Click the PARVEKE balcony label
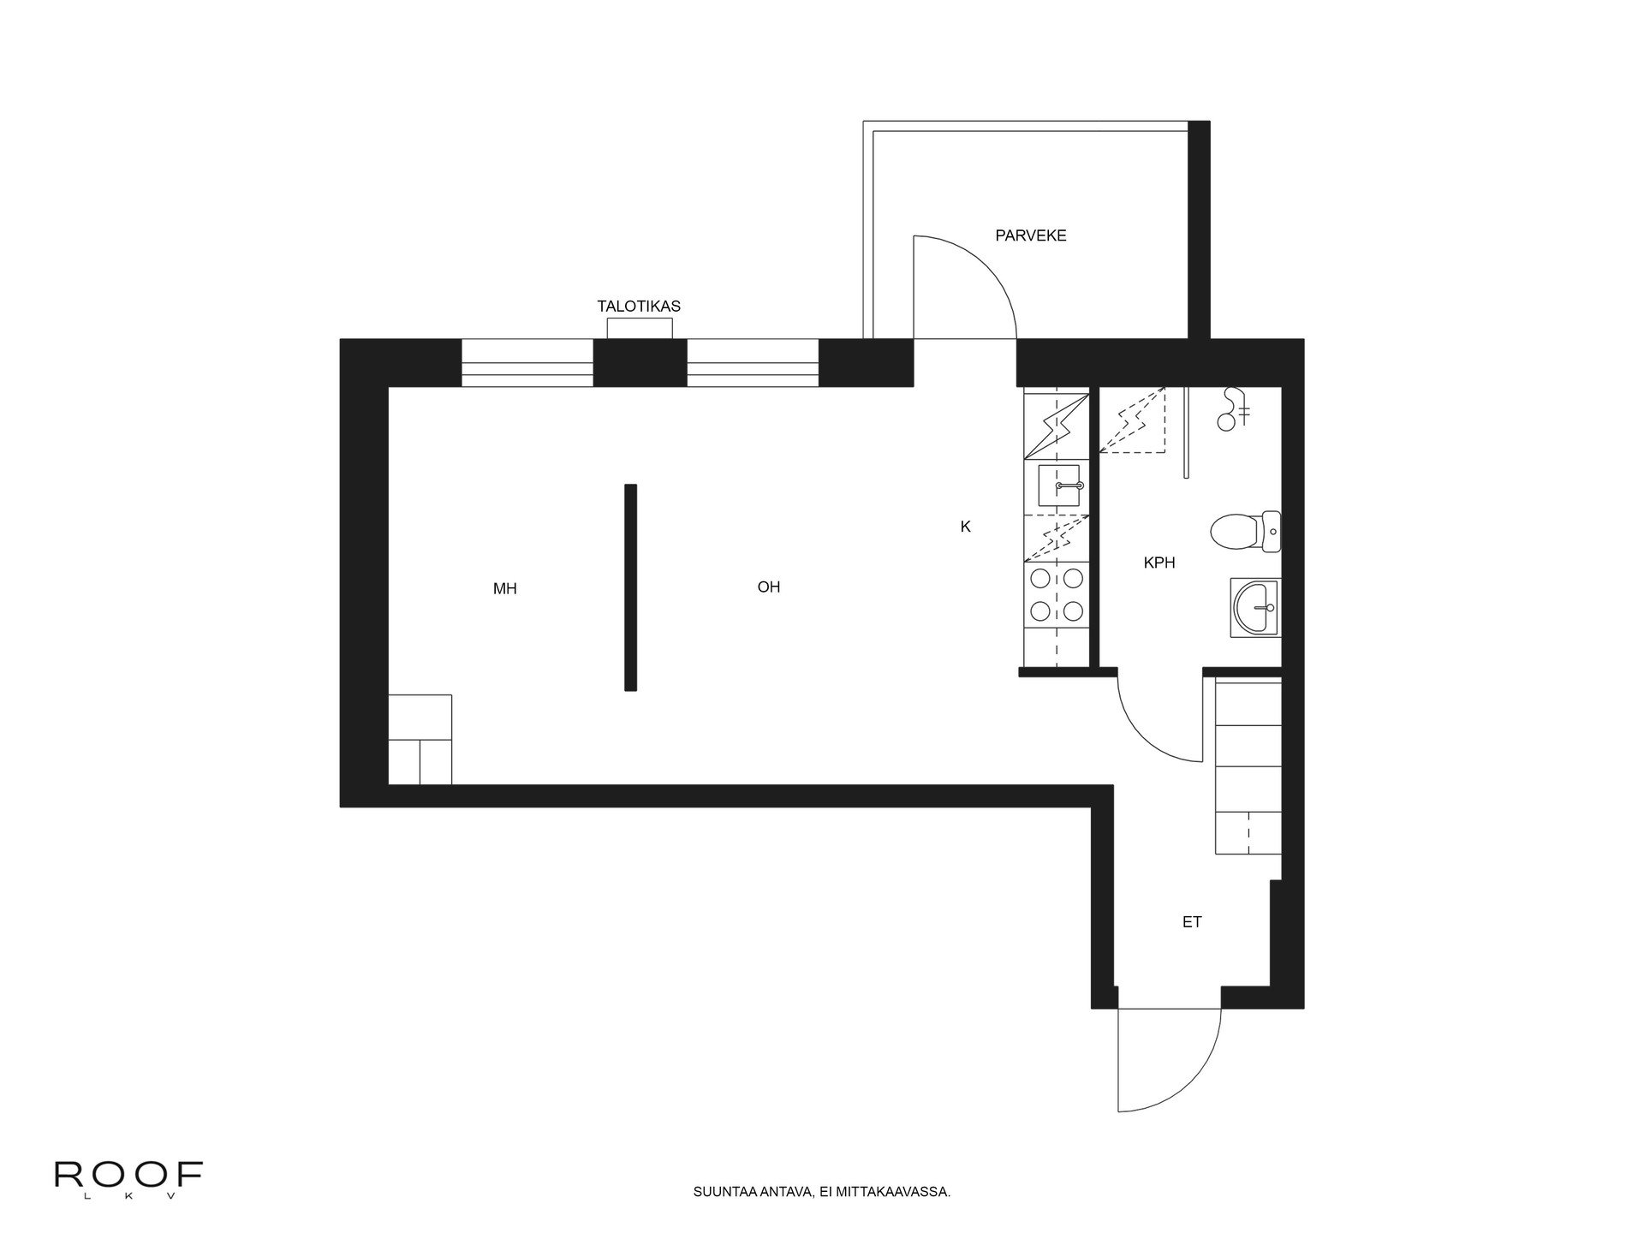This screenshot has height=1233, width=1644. (x=1031, y=235)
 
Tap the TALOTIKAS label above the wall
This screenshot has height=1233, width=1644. (x=639, y=306)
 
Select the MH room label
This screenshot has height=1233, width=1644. (x=505, y=589)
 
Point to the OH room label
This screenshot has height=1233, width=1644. (x=769, y=587)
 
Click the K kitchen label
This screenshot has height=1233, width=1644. (x=965, y=527)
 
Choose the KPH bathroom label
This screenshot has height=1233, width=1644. (x=1159, y=563)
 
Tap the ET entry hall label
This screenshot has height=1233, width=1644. (x=1192, y=922)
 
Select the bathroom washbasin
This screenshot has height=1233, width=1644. (x=1256, y=608)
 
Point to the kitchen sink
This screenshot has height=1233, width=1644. (x=1061, y=486)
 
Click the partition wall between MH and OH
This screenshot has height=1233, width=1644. (x=631, y=587)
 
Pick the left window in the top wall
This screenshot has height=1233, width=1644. (x=527, y=363)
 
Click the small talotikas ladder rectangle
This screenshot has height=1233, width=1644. (x=640, y=328)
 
